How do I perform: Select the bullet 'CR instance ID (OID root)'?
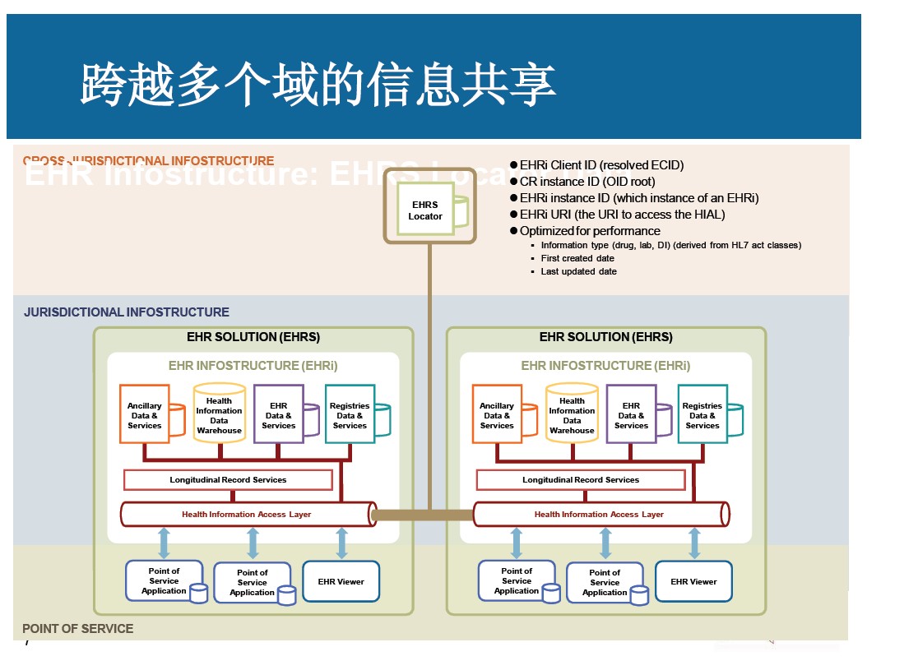click(x=587, y=182)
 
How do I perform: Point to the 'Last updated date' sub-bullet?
click(x=578, y=271)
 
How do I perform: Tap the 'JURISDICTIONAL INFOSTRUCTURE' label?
click(x=127, y=312)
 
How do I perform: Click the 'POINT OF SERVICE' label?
click(x=77, y=629)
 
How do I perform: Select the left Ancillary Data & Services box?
click(x=145, y=414)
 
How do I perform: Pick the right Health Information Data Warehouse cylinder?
click(x=572, y=414)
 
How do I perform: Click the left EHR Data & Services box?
click(x=279, y=414)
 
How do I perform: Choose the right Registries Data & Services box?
click(x=702, y=414)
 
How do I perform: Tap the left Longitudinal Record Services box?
click(x=228, y=479)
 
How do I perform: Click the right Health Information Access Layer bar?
click(x=600, y=515)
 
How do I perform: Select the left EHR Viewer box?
click(x=341, y=581)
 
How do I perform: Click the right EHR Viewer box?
click(x=693, y=581)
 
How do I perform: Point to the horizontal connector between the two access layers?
click(x=424, y=515)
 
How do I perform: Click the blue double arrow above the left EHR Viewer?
click(x=342, y=543)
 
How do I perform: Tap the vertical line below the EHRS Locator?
click(x=429, y=370)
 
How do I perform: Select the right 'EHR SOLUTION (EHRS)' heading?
click(x=605, y=337)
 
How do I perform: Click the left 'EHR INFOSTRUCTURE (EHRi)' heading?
click(x=253, y=366)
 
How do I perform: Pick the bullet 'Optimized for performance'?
click(x=590, y=231)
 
